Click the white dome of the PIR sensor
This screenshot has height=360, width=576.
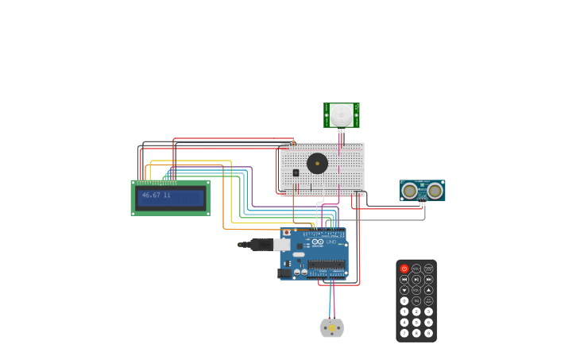pyautogui.click(x=342, y=114)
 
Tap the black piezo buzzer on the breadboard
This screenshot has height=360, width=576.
pyautogui.click(x=317, y=164)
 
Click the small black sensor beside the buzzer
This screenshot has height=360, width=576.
pyautogui.click(x=296, y=172)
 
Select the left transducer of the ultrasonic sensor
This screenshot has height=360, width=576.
pyautogui.click(x=410, y=191)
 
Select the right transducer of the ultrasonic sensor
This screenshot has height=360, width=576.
pyautogui.click(x=435, y=191)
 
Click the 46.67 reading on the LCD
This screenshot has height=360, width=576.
pyautogui.click(x=151, y=195)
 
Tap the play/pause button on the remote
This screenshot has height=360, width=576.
pyautogui.click(x=416, y=280)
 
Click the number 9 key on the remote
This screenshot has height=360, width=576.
pyautogui.click(x=428, y=333)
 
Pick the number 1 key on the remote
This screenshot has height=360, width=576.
pyautogui.click(x=404, y=312)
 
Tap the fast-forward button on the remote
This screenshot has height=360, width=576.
pyautogui.click(x=428, y=280)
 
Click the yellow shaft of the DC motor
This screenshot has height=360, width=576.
pyautogui.click(x=332, y=328)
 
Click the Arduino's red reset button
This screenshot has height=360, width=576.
pyautogui.click(x=287, y=233)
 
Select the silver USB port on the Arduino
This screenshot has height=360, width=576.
pyautogui.click(x=282, y=245)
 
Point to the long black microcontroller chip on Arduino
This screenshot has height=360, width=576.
pyautogui.click(x=326, y=264)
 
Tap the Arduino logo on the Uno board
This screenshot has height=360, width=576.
pyautogui.click(x=317, y=242)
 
